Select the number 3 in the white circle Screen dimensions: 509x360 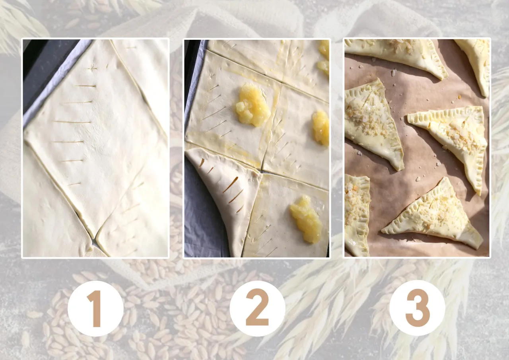pos(418,308)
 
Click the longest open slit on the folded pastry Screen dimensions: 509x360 pos(230,185)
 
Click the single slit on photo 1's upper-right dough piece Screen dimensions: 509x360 pos(131,48)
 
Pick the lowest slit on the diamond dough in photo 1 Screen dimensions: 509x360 pos(74,184)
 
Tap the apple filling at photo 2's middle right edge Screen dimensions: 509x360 pos(321,128)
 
